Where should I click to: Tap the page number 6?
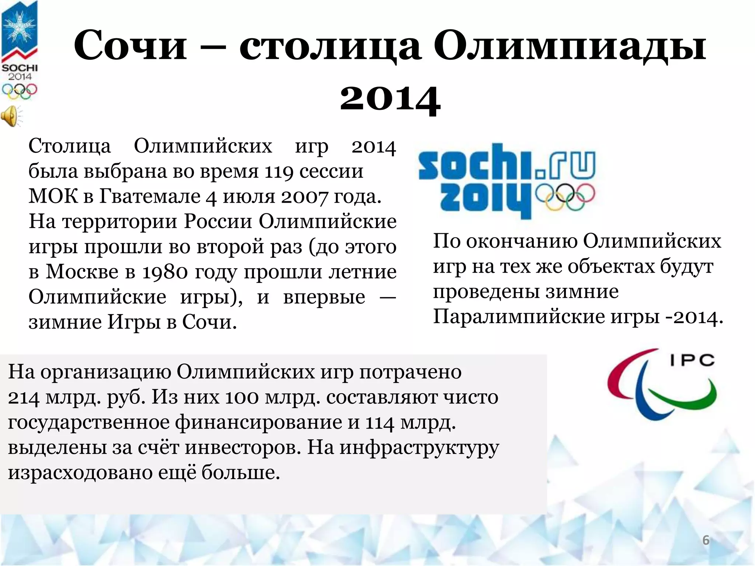[706, 540]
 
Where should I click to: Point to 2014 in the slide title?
[390, 98]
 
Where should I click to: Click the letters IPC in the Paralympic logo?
[692, 360]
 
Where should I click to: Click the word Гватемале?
[150, 196]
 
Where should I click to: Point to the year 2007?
[304, 197]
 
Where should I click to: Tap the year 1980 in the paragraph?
[165, 272]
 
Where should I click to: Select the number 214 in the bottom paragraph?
[24, 397]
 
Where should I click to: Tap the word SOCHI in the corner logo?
[20, 68]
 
